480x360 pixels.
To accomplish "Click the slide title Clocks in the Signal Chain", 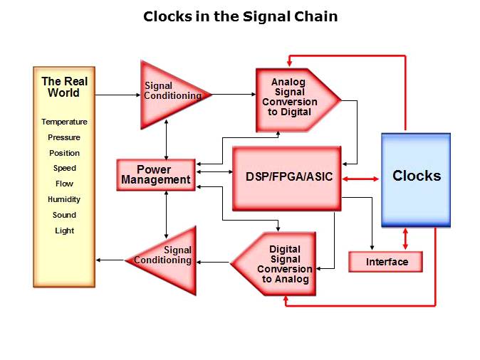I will point(240,16).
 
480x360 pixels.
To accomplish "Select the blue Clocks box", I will point(416,179).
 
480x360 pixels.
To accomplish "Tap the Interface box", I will point(386,262).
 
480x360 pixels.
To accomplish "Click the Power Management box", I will point(155,175).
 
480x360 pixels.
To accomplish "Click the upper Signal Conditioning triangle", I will point(171,92).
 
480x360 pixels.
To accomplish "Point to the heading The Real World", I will point(64,87).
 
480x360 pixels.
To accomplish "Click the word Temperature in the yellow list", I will point(64,122).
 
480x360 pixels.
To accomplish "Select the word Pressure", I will point(64,137).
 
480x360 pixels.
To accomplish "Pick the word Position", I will point(64,153).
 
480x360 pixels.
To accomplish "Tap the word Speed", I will point(64,169).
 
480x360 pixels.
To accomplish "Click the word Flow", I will point(64,184).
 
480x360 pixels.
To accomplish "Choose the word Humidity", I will point(64,199).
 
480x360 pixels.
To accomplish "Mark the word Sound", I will point(64,215).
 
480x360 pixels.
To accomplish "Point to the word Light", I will point(64,231).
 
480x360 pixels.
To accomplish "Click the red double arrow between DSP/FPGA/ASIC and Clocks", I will point(362,179).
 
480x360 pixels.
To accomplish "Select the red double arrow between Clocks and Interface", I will point(405,239).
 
